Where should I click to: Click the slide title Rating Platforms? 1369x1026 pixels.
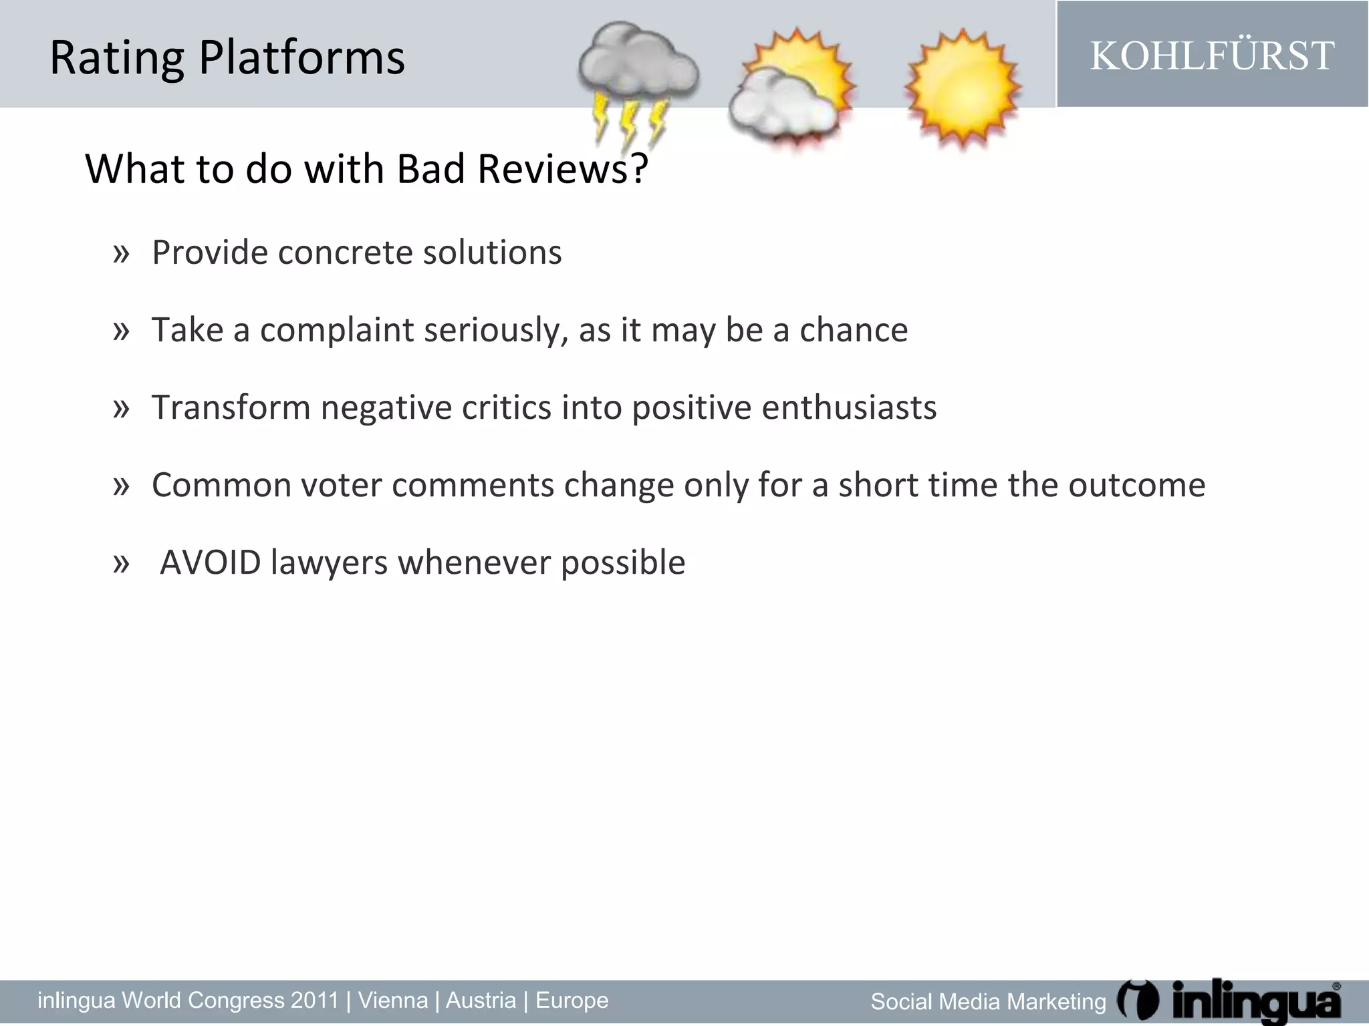tap(227, 57)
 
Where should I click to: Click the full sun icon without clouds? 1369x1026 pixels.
tap(963, 87)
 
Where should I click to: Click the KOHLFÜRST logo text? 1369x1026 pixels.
tap(1212, 55)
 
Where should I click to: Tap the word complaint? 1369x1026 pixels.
tap(337, 330)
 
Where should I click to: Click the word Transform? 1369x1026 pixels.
tap(231, 407)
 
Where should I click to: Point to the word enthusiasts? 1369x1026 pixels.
tap(849, 407)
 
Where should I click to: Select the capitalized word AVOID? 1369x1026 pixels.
tap(210, 562)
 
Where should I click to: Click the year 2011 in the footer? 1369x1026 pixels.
tap(315, 1000)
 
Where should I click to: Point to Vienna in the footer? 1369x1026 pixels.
tap(393, 1000)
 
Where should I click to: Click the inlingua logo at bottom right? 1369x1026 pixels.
tap(1230, 1001)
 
